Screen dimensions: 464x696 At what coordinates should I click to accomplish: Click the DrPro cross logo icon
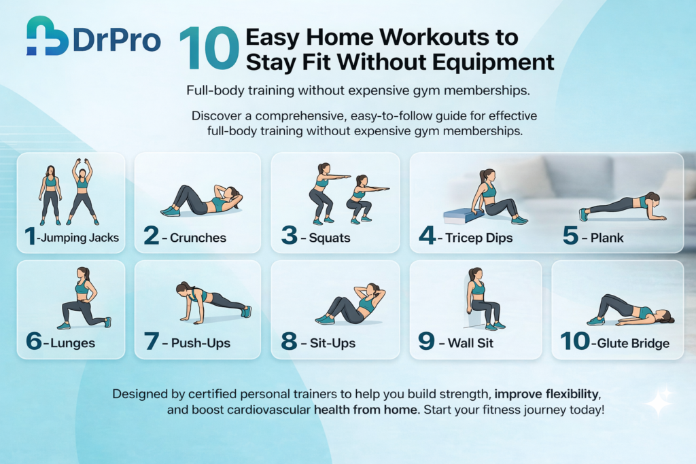(x=47, y=36)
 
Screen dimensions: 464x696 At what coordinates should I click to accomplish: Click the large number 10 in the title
(x=209, y=50)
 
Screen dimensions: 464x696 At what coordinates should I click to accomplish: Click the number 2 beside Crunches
(x=151, y=237)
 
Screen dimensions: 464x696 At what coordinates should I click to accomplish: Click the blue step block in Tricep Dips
(x=462, y=215)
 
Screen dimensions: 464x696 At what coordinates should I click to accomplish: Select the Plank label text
(x=607, y=238)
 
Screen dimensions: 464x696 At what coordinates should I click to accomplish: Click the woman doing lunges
(x=83, y=298)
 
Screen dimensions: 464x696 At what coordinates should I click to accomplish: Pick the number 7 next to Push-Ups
(x=152, y=342)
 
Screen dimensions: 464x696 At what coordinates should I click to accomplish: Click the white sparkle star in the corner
(x=658, y=402)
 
